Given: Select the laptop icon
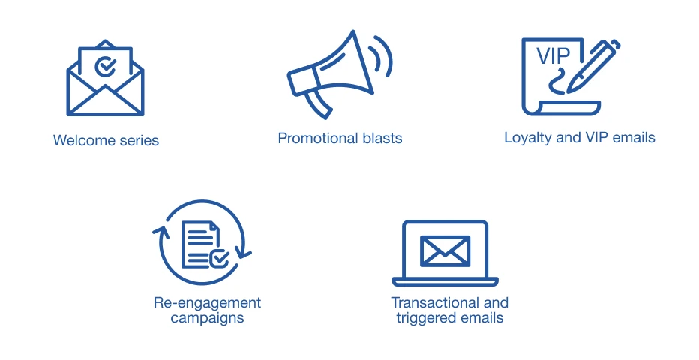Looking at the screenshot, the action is click(x=445, y=253).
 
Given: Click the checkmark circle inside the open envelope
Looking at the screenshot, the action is click(x=106, y=67).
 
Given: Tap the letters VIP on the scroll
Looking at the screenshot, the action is click(x=553, y=56).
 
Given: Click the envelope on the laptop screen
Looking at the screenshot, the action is click(x=445, y=250).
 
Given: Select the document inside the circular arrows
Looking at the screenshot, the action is click(x=200, y=244).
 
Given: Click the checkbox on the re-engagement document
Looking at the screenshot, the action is click(x=219, y=259).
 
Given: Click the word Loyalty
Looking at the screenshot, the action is click(x=528, y=138).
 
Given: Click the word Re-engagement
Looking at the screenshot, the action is click(x=207, y=303).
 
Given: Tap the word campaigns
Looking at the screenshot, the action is click(x=207, y=318).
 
